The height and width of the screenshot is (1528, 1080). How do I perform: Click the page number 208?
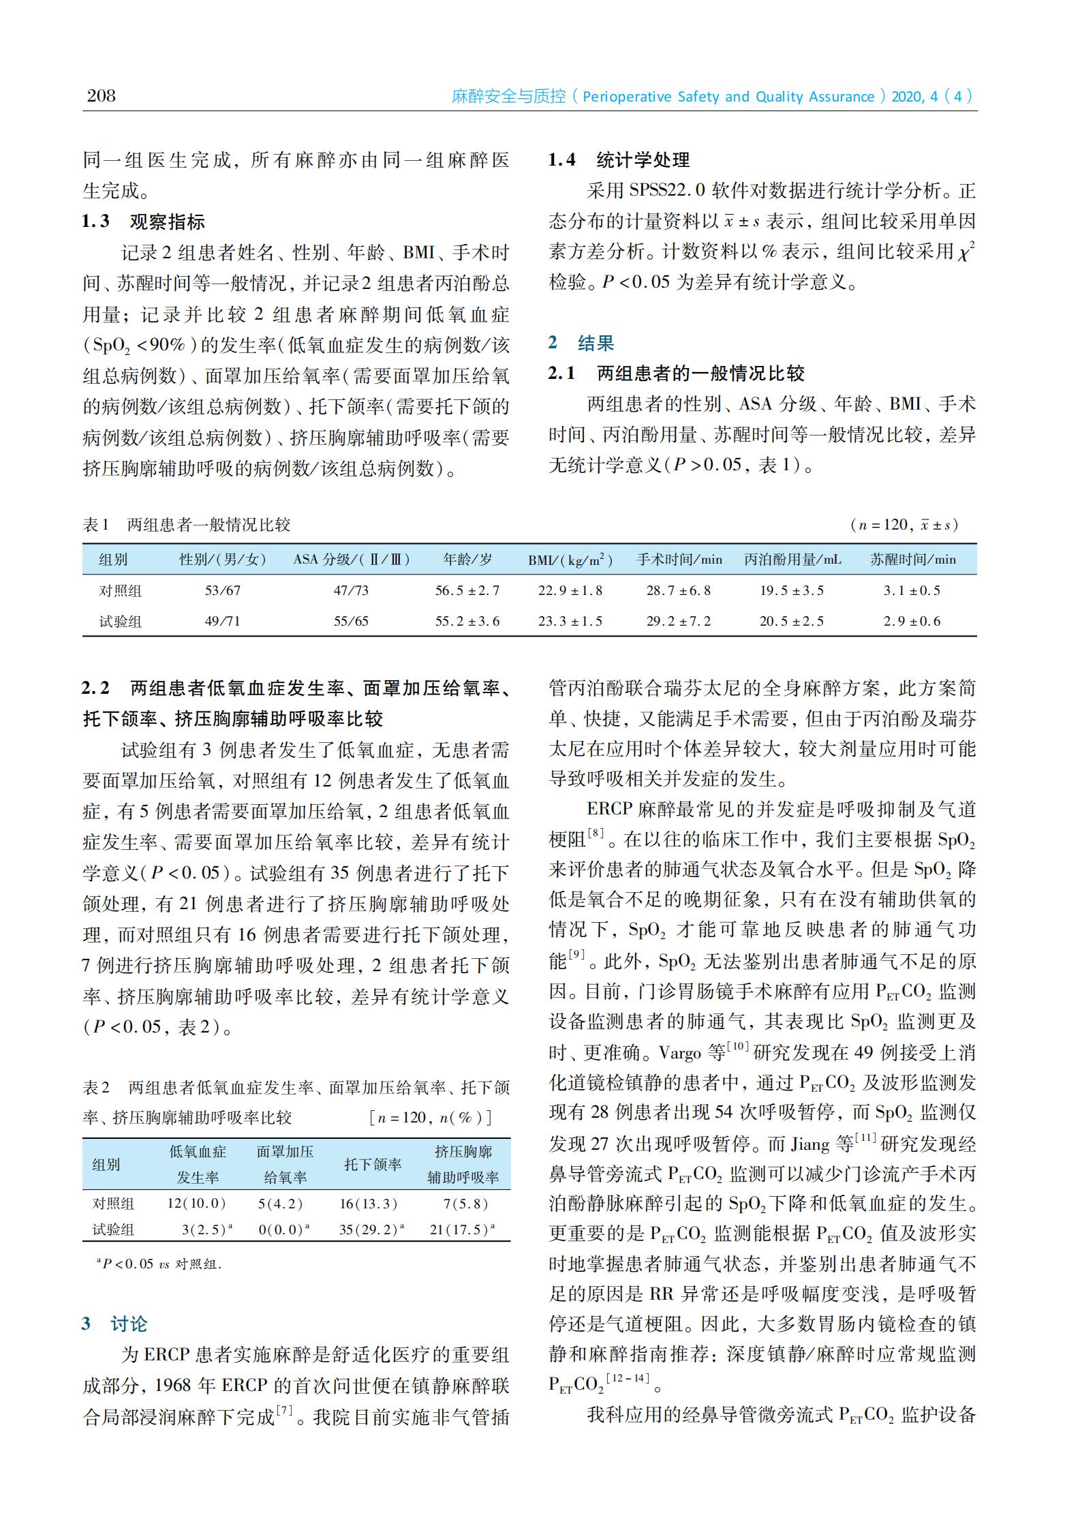102,95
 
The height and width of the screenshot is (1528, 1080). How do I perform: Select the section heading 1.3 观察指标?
144,221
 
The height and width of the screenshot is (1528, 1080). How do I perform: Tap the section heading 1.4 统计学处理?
619,160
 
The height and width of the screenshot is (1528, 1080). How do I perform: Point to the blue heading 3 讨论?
114,1324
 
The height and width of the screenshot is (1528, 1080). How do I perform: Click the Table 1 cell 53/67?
223,590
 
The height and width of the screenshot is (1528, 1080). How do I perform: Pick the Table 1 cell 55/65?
351,621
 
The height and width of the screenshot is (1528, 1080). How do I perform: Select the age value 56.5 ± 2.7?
467,590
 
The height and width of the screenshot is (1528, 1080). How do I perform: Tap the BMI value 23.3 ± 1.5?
570,621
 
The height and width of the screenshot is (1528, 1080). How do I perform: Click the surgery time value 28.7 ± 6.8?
679,590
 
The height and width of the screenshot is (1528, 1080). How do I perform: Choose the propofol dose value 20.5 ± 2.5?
792,621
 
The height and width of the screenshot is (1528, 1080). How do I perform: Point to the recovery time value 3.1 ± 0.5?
912,590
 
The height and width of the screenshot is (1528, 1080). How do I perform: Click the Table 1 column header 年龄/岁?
467,560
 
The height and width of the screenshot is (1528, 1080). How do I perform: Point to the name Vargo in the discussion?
680,1052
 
